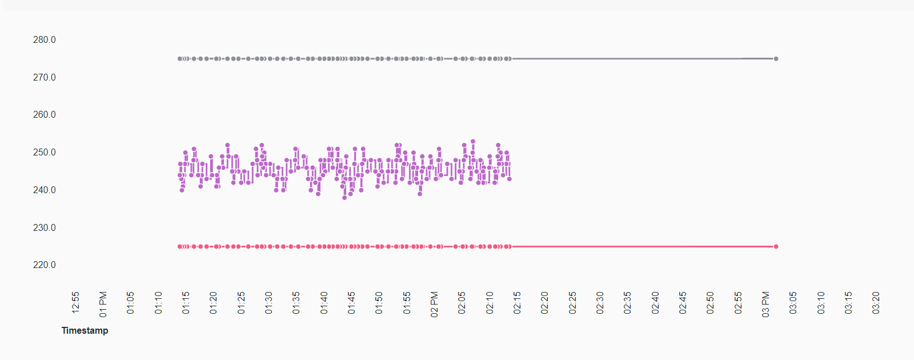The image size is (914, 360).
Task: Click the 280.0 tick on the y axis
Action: pos(45,40)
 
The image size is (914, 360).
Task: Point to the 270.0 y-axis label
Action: pos(45,77)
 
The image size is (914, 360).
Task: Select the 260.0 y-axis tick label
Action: pos(45,115)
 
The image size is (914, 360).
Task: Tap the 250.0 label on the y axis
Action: pos(45,153)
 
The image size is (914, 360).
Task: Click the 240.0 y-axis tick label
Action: pos(45,190)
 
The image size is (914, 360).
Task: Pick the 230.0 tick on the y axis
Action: pos(45,227)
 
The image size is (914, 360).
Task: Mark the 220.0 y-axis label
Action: pos(45,265)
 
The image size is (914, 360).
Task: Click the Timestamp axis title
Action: pos(85,330)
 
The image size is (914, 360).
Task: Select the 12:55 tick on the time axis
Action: pos(75,303)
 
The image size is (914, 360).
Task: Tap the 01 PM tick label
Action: pos(103,304)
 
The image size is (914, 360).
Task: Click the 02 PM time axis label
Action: pos(434,304)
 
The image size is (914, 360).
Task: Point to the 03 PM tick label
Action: pos(765,304)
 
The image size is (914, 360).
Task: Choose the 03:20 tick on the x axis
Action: pos(876,303)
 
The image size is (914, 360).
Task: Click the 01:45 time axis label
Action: pos(351,303)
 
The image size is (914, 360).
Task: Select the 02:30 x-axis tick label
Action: pos(600,303)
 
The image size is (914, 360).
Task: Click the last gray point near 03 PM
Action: pos(776,59)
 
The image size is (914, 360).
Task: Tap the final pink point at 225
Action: pos(776,247)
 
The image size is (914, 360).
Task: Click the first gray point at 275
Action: pos(180,59)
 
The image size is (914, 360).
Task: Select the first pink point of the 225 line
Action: pos(180,247)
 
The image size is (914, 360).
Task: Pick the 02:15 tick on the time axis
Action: pos(517,303)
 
